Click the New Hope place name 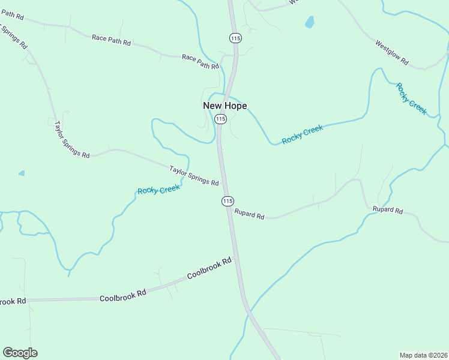224,106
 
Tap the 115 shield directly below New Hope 220,119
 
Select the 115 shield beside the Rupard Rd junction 227,201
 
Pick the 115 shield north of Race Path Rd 235,38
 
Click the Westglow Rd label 391,52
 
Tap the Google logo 20,352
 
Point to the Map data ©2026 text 423,355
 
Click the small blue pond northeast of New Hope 310,22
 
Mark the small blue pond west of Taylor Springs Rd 22,173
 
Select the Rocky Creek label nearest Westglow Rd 411,98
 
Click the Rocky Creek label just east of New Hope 303,134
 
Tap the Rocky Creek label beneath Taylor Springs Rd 158,190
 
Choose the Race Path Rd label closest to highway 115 200,61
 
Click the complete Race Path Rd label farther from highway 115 111,39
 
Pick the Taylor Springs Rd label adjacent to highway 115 194,175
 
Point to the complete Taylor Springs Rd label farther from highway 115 71,139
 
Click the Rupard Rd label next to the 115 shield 249,214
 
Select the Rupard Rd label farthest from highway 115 388,210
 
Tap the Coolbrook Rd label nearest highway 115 209,269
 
